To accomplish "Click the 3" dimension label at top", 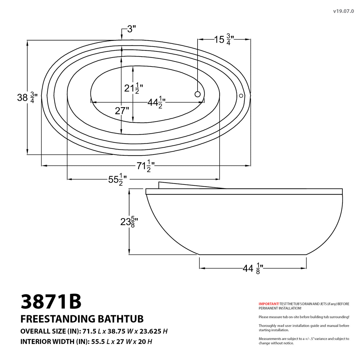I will [131, 29].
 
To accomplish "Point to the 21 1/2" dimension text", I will [133, 88].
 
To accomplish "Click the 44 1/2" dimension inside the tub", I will [156, 103].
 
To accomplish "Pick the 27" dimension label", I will [122, 111].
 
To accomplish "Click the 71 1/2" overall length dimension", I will [146, 166].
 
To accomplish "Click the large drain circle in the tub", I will [198, 94].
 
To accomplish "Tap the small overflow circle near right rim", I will [241, 96].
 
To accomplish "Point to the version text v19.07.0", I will [343, 11].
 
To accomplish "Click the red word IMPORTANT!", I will [269, 304].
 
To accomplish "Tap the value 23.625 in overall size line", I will [149, 331].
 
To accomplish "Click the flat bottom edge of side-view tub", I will [253, 255].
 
